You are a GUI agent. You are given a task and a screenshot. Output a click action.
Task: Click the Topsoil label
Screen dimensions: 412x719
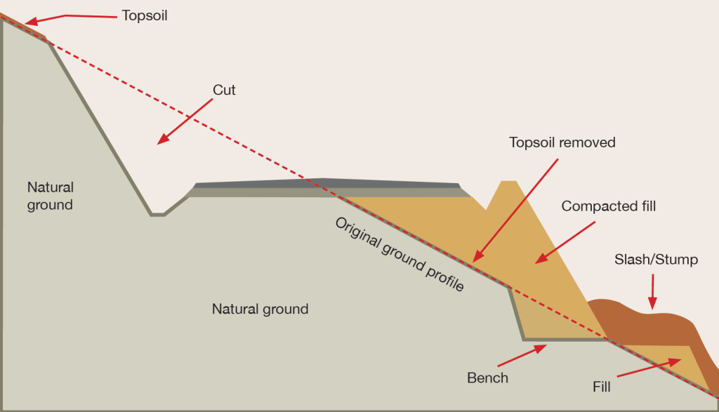[145, 14]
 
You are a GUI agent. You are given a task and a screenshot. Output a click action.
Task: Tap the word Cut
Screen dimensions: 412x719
[224, 90]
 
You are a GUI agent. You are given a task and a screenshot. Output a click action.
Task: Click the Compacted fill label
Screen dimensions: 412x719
[612, 206]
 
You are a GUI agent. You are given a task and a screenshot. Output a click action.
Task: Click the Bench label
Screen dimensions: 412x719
[487, 378]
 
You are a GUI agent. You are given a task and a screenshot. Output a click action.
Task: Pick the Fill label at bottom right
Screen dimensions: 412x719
[601, 385]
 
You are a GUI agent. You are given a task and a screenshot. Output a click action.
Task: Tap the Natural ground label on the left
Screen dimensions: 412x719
[51, 196]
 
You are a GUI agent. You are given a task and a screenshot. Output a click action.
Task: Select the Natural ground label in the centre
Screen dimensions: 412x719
[260, 309]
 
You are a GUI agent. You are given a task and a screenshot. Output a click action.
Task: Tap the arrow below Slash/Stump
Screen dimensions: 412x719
[652, 291]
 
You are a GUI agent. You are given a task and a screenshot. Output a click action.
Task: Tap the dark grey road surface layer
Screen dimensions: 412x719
[323, 183]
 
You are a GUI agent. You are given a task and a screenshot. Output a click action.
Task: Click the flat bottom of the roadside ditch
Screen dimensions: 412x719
[157, 215]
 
